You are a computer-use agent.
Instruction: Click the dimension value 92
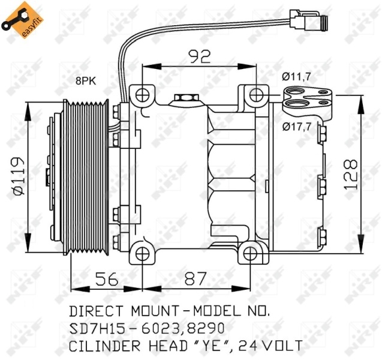200,56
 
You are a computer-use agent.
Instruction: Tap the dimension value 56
107,279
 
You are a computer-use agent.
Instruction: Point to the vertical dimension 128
351,174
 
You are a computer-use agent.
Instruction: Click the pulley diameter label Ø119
19,176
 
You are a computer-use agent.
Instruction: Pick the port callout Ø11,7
296,77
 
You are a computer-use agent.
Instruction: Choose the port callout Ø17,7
297,126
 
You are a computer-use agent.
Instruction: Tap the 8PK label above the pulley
86,81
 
